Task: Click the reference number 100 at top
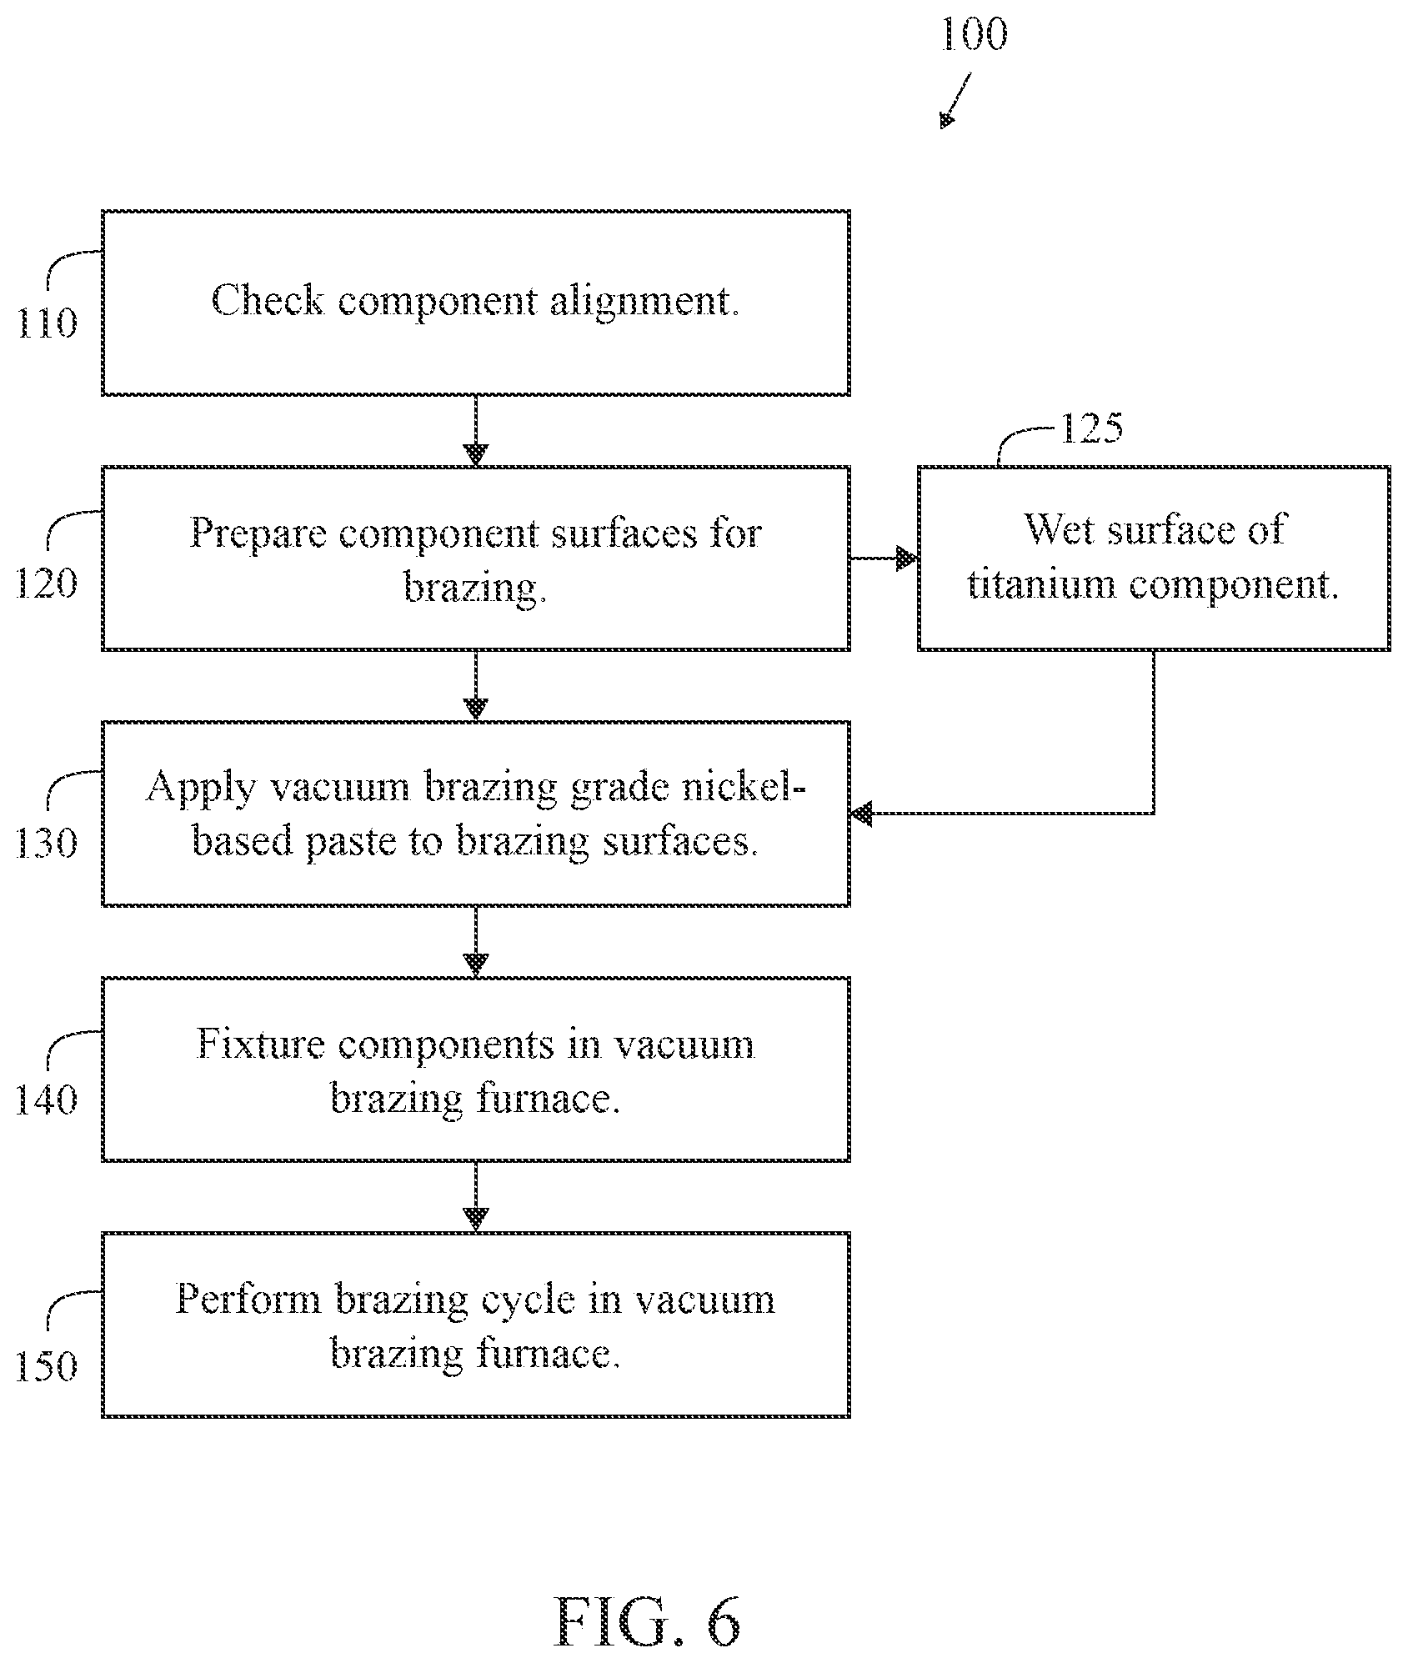click(x=974, y=34)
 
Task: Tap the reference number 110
click(x=47, y=323)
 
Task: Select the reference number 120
click(x=47, y=583)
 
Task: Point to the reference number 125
click(x=1091, y=427)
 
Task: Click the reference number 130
click(x=47, y=843)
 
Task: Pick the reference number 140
click(x=47, y=1099)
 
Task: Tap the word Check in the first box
click(x=267, y=300)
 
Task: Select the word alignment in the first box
click(x=644, y=302)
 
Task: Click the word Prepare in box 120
click(x=258, y=533)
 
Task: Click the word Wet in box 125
click(x=1060, y=528)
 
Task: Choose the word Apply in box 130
click(x=201, y=787)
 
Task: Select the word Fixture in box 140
click(x=260, y=1044)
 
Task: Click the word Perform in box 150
click(x=248, y=1299)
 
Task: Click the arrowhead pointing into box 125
click(x=907, y=559)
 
